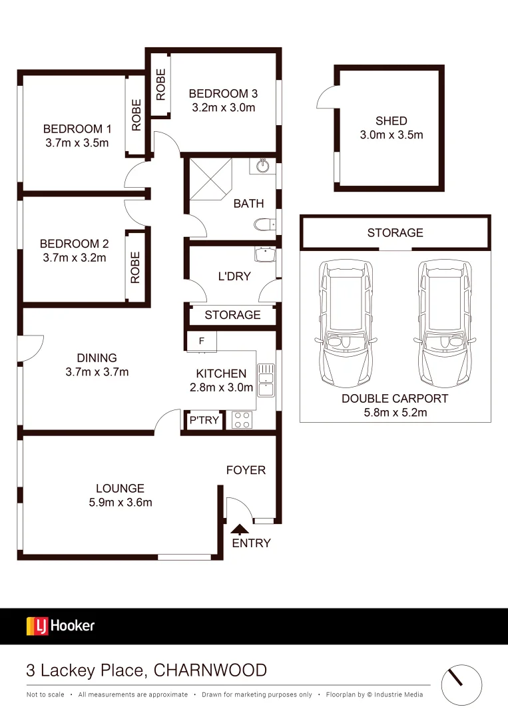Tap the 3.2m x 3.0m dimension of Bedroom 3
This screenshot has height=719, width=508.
[223, 107]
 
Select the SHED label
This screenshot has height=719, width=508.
[391, 120]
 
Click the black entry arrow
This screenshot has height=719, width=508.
[239, 530]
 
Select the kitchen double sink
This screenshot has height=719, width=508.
[265, 379]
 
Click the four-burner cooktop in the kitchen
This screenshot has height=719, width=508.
[241, 420]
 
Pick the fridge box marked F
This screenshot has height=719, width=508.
[202, 342]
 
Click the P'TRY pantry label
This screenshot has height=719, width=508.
[204, 420]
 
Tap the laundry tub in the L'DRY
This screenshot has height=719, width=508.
[266, 255]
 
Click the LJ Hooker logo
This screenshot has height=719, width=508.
[61, 626]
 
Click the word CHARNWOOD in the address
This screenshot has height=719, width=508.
[210, 670]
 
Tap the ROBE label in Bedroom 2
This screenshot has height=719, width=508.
[136, 267]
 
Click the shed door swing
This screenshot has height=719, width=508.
[325, 99]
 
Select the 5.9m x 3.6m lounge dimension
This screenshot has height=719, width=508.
[121, 502]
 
